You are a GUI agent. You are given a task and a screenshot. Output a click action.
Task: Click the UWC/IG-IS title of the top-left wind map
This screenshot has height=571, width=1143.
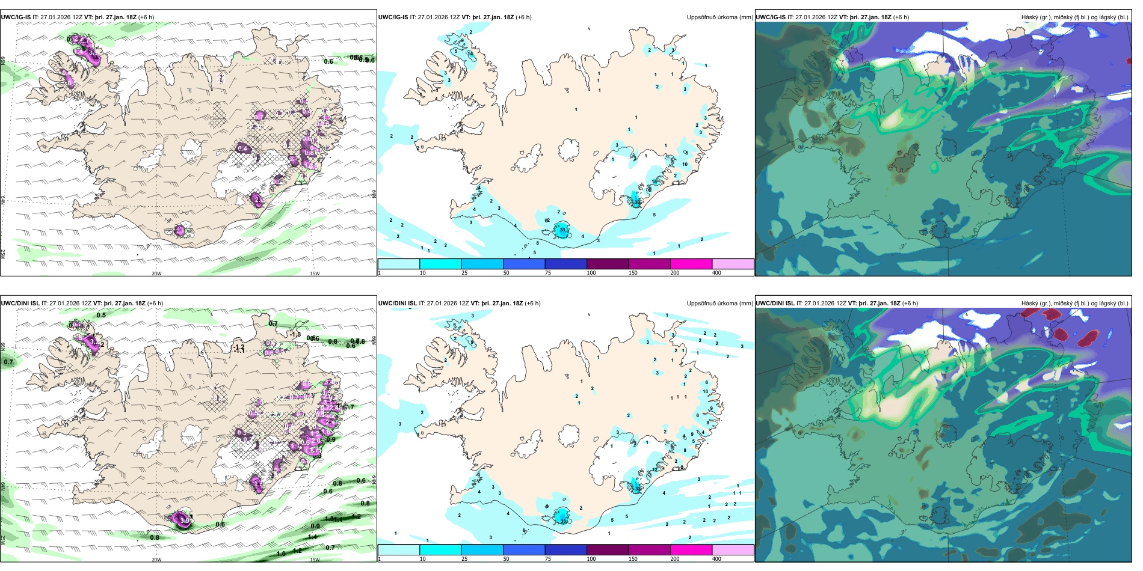(x=16, y=17)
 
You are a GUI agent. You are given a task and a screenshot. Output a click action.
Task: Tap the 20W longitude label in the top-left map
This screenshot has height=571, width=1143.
(x=156, y=273)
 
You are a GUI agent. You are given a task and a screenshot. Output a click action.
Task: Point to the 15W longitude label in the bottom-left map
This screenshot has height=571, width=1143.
(x=315, y=560)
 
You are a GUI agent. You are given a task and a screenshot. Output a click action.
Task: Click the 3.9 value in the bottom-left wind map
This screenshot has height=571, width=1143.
(x=185, y=521)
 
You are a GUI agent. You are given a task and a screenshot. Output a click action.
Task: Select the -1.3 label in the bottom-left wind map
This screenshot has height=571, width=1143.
(x=295, y=334)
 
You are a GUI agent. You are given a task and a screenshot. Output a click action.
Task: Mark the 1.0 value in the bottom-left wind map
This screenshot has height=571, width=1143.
(x=281, y=554)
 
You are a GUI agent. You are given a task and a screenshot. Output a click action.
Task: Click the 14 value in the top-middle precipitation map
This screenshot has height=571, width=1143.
(x=470, y=54)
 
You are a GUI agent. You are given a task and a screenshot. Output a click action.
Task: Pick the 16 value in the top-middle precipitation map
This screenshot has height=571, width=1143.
(x=655, y=182)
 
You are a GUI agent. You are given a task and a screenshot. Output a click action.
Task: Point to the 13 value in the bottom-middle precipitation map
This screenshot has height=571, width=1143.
(x=705, y=391)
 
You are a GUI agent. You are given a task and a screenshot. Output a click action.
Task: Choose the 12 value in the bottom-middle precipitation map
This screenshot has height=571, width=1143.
(x=655, y=469)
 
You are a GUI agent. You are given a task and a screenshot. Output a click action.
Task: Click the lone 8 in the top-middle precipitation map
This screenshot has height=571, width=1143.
(x=537, y=243)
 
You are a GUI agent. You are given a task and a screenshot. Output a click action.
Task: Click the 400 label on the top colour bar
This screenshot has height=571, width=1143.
(x=716, y=273)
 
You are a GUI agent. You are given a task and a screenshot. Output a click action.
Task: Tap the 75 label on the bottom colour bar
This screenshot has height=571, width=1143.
(x=548, y=559)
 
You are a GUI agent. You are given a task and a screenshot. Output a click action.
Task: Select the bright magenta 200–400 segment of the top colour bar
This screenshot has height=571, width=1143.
(x=691, y=264)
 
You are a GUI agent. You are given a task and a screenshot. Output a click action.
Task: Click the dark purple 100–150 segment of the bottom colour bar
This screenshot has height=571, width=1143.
(x=607, y=550)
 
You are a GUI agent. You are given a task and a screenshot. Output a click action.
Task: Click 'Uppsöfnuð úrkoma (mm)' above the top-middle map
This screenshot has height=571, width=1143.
(x=719, y=17)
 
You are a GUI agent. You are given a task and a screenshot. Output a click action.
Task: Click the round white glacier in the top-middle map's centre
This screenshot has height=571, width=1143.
(x=568, y=150)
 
